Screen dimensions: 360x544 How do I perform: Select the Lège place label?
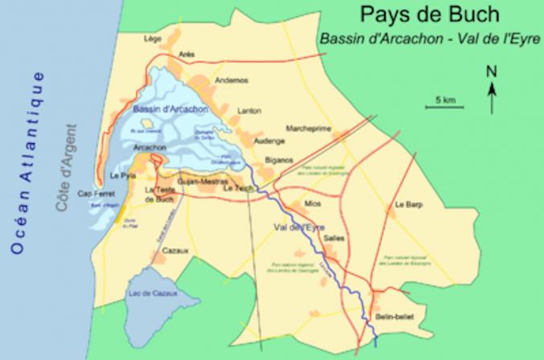point(151,38)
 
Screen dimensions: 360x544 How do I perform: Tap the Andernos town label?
point(232,80)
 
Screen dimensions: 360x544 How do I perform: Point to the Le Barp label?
point(408,205)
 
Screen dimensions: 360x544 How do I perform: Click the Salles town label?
point(333,238)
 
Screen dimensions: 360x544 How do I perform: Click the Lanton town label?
point(250,111)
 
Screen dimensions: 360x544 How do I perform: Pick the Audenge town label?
point(269,140)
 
